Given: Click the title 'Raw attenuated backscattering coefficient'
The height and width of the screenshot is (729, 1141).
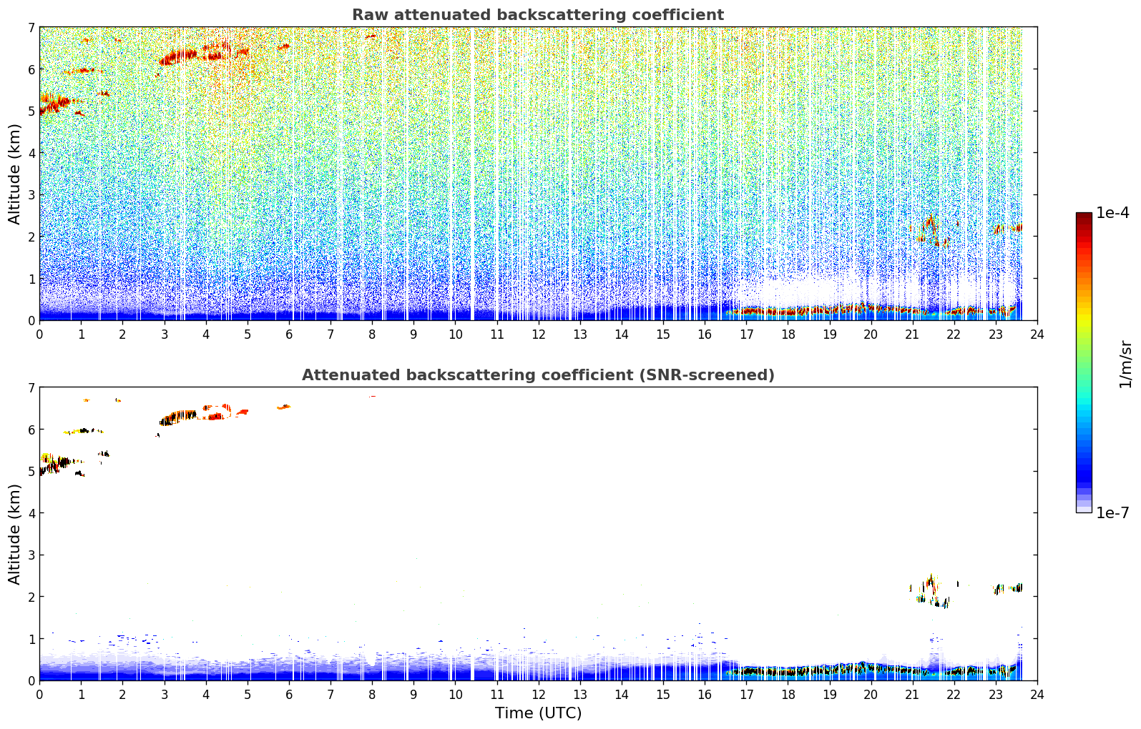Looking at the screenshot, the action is [538, 15].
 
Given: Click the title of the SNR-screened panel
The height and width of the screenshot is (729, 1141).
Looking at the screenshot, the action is [538, 375].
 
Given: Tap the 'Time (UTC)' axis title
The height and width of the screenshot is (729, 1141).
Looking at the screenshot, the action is [538, 713].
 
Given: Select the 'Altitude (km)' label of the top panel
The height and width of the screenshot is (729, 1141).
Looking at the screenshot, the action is [14, 174].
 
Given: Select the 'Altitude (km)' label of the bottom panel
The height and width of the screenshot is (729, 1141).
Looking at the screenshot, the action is [14, 534].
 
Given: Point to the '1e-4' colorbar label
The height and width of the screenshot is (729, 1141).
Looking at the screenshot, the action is [1112, 213].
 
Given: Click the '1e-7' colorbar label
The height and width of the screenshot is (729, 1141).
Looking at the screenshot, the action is [1112, 512].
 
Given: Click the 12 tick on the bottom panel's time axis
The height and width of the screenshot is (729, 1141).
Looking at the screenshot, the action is [539, 695].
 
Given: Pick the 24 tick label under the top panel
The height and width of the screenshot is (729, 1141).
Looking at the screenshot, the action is [1037, 334].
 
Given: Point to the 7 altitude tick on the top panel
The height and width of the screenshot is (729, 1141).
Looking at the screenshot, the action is [31, 27].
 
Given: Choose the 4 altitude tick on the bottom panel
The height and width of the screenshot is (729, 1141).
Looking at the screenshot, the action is [31, 513].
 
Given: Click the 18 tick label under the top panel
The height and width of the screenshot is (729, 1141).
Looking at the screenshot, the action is [788, 334].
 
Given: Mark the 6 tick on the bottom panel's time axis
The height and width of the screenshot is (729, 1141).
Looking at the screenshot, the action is [289, 695].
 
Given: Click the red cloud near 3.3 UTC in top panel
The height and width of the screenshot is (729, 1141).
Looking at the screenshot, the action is [178, 56].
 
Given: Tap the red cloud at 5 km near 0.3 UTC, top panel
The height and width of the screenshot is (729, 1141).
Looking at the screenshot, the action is [55, 104].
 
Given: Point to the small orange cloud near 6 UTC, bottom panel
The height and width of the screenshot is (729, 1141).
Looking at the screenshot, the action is [284, 407].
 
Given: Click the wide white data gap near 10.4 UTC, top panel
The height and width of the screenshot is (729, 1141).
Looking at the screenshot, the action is [472, 174].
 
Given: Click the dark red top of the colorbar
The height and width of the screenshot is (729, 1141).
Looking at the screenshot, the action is [1084, 216].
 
